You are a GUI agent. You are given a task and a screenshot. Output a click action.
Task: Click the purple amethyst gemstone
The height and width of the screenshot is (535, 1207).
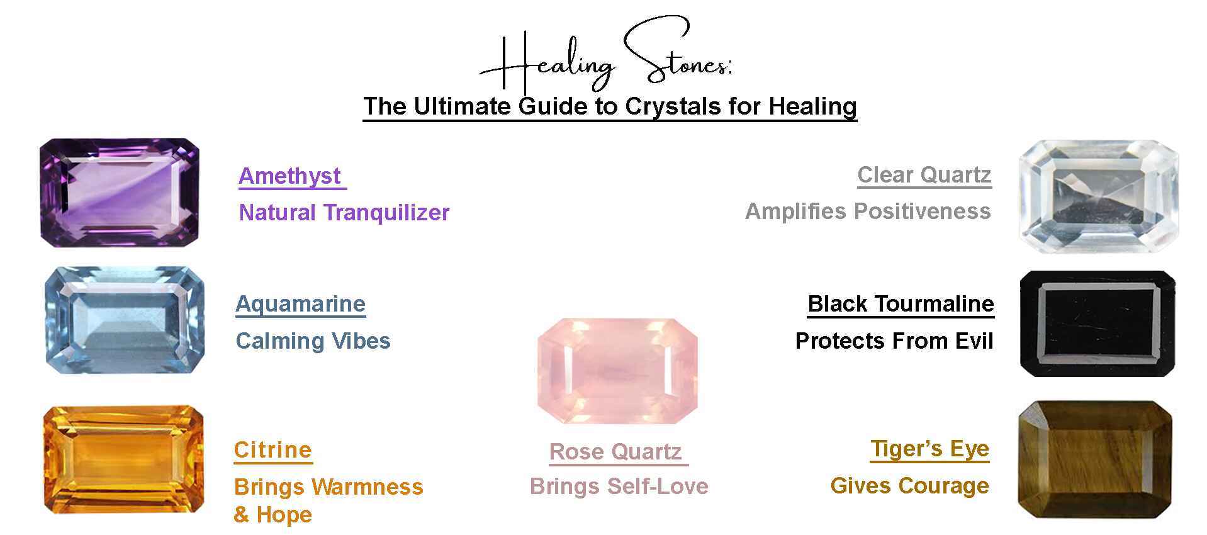(120, 193)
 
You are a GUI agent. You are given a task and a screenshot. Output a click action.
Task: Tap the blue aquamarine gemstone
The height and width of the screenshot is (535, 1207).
(125, 320)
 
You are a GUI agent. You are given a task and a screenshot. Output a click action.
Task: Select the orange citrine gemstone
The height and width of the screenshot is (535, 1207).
(123, 459)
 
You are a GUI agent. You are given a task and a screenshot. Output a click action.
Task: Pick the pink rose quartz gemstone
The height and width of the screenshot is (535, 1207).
(617, 371)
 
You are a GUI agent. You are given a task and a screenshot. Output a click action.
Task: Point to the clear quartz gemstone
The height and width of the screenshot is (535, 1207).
(1098, 196)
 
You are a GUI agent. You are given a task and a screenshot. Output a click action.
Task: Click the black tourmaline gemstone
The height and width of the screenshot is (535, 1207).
(1098, 324)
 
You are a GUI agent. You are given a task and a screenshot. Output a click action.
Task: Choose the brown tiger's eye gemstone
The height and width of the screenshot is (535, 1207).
(1095, 459)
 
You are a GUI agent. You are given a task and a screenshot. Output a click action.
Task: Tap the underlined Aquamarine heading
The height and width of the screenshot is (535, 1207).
(300, 304)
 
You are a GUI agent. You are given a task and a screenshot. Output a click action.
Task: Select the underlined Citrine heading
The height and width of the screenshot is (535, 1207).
(272, 450)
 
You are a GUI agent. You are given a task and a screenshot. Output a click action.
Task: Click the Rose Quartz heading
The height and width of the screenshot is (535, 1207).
(615, 452)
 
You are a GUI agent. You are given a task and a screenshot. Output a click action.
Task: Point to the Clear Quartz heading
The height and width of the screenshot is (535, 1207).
(924, 175)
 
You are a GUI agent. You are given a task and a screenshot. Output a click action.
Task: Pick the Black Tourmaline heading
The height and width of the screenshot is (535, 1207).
(901, 304)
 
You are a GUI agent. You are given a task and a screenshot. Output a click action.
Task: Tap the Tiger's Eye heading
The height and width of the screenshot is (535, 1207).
(929, 449)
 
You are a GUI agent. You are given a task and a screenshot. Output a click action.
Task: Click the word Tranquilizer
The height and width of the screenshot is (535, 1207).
(386, 213)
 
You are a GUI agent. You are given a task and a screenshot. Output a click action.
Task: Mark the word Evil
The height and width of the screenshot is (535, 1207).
(974, 341)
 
